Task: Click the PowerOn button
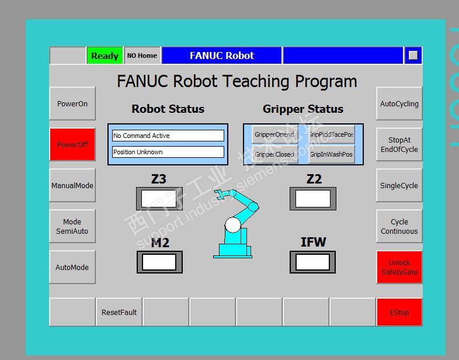click(x=72, y=104)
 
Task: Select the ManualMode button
click(x=72, y=186)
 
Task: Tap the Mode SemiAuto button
click(x=72, y=227)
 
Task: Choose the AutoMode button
click(x=72, y=268)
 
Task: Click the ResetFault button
click(x=119, y=312)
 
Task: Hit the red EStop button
click(x=399, y=312)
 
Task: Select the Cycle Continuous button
click(x=399, y=227)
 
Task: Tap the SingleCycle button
click(x=399, y=186)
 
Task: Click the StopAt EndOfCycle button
click(x=399, y=145)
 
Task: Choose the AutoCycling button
click(x=399, y=104)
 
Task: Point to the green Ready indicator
click(x=105, y=56)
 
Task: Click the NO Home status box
click(x=142, y=56)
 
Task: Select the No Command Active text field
click(x=168, y=136)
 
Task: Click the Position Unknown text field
click(x=168, y=152)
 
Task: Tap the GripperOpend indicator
click(x=274, y=135)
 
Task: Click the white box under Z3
click(x=159, y=199)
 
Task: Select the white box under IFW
click(x=313, y=262)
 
